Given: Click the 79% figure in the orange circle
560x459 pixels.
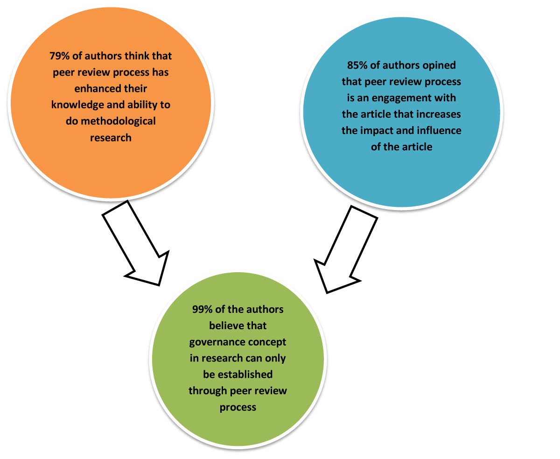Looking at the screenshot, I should click(x=60, y=56).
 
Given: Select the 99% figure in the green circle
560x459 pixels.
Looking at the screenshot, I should click(x=203, y=309).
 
